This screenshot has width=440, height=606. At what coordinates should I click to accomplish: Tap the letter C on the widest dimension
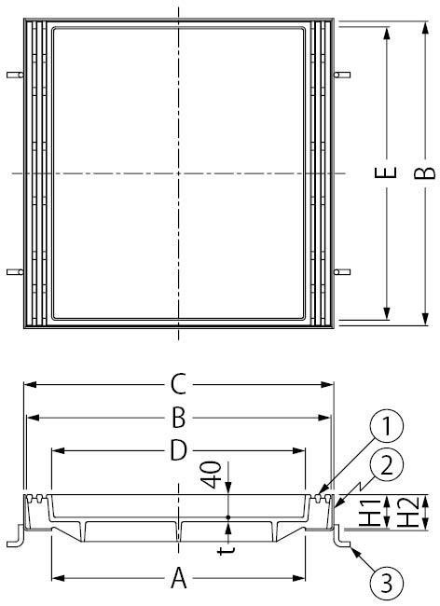click(179, 383)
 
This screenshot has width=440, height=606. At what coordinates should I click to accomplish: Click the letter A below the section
click(179, 580)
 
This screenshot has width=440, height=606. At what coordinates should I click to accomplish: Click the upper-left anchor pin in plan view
click(12, 74)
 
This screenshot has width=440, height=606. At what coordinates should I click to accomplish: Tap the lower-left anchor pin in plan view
click(12, 272)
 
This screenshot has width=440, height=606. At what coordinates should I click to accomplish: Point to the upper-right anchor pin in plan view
click(343, 74)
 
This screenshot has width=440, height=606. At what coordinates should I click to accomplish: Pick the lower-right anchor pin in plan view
click(343, 272)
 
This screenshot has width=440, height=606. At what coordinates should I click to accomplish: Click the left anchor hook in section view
click(15, 539)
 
